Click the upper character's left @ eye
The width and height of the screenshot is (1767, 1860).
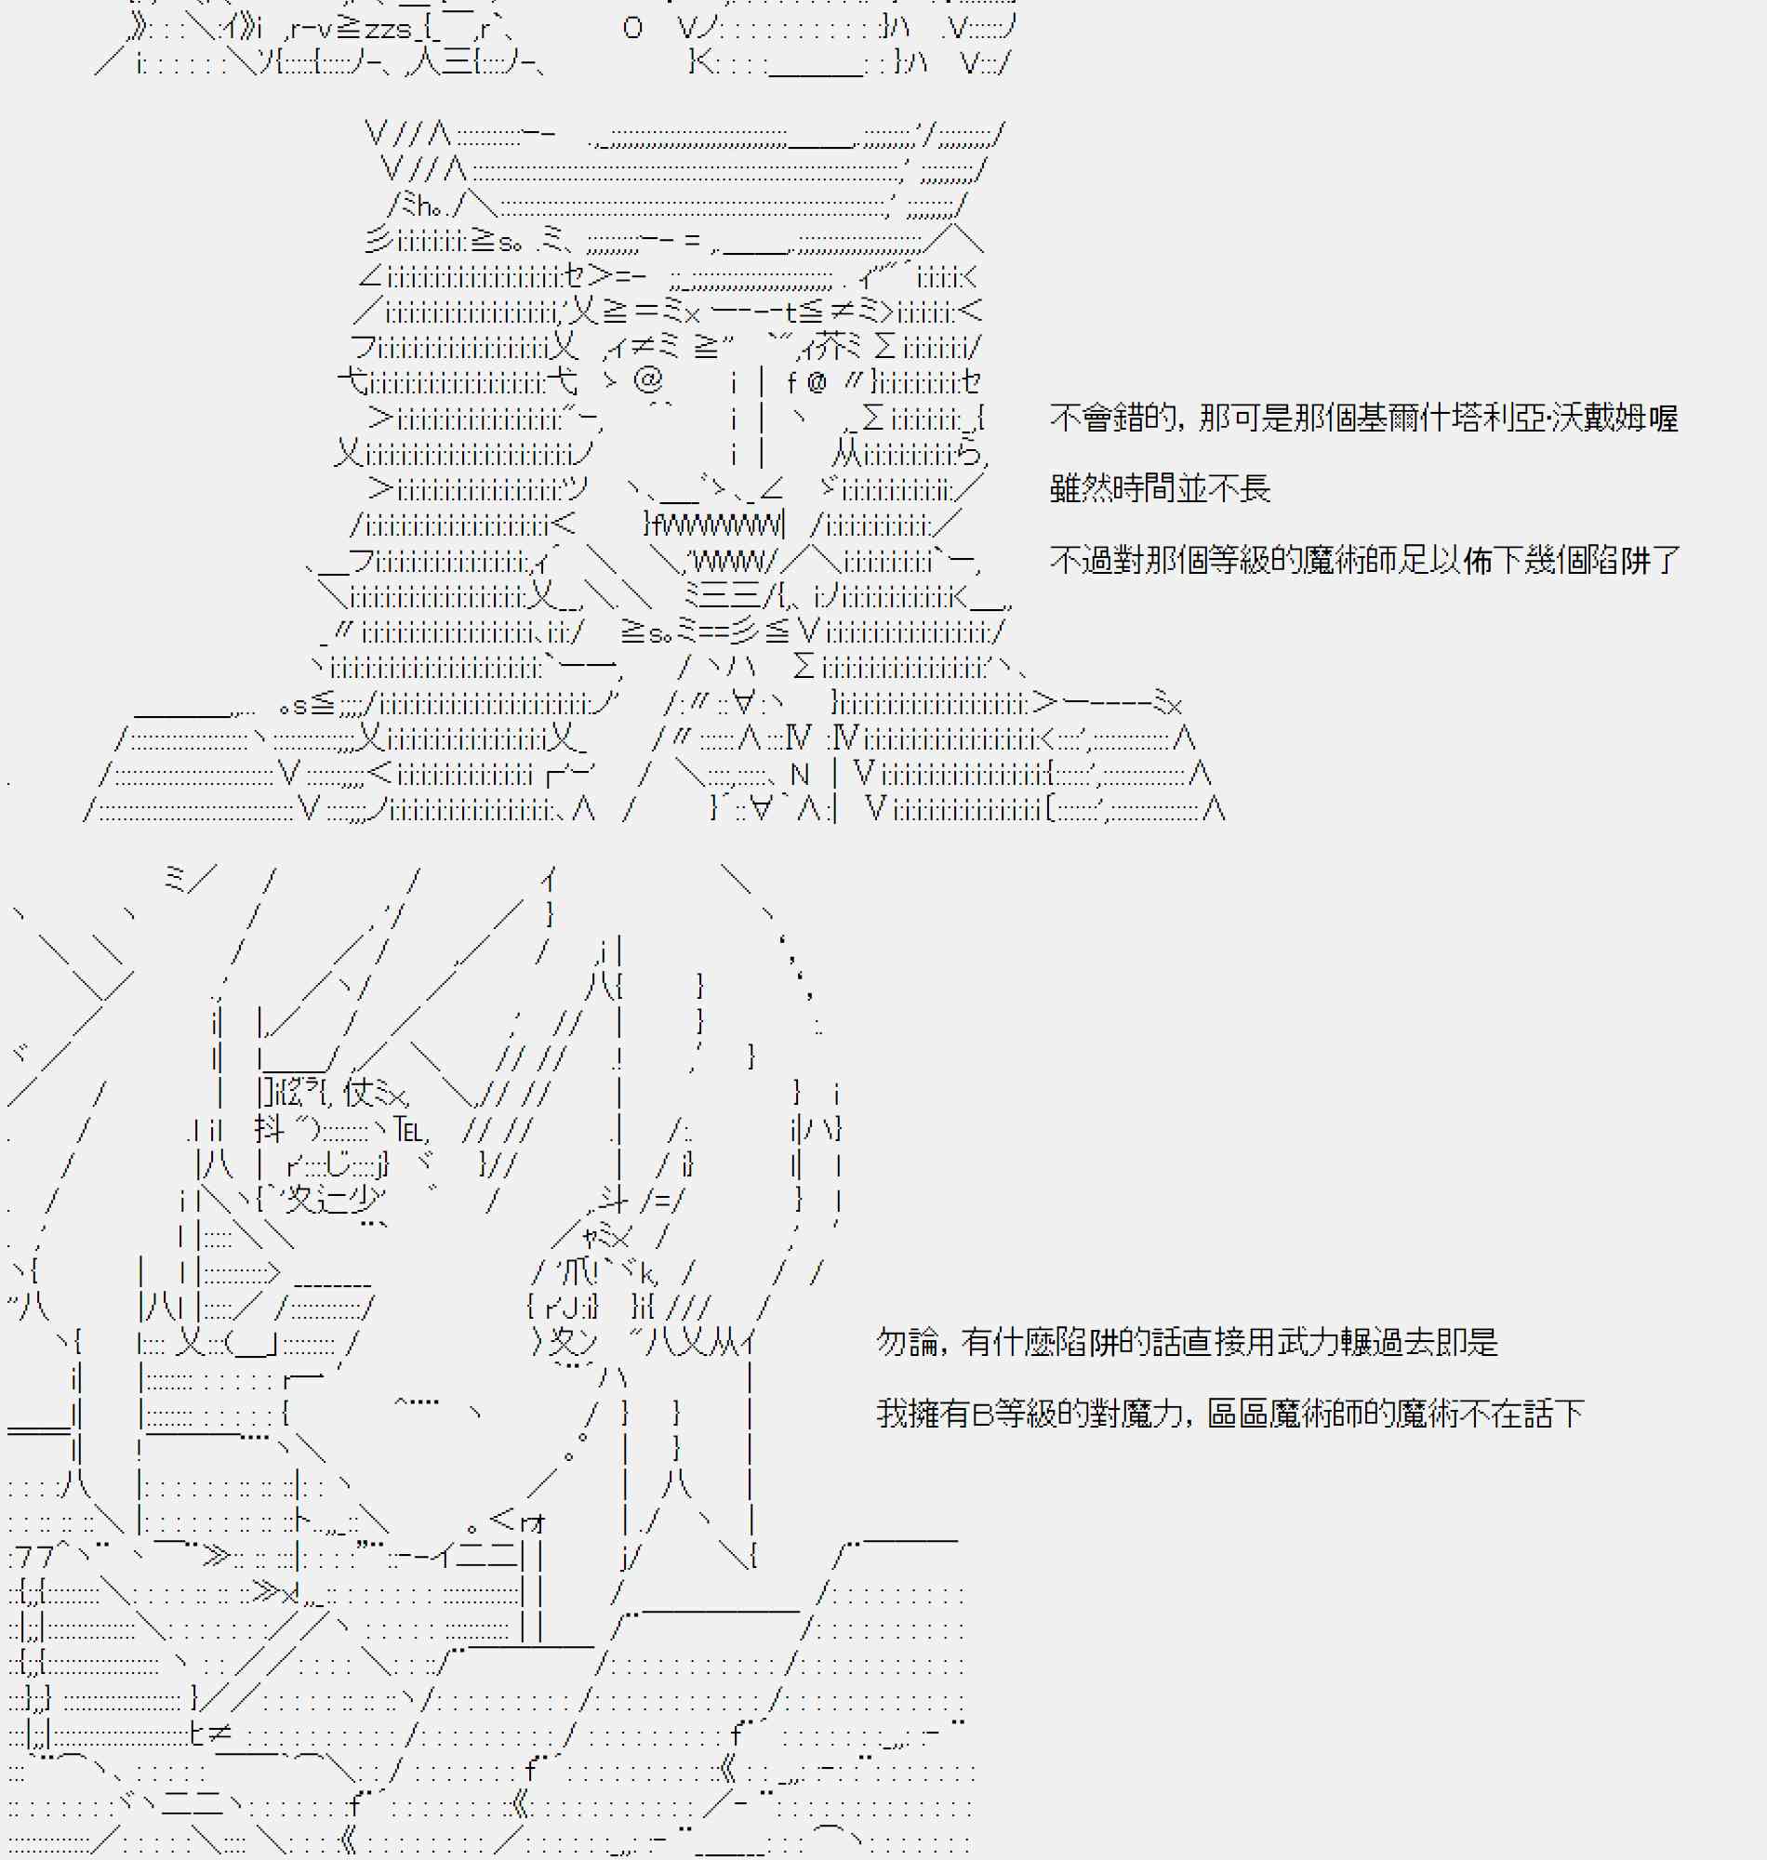pyautogui.click(x=648, y=380)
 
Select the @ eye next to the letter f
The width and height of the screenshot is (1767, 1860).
pyautogui.click(x=816, y=381)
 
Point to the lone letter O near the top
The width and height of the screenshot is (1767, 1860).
pyautogui.click(x=632, y=28)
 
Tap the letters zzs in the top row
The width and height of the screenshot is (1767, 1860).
pyautogui.click(x=388, y=29)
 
